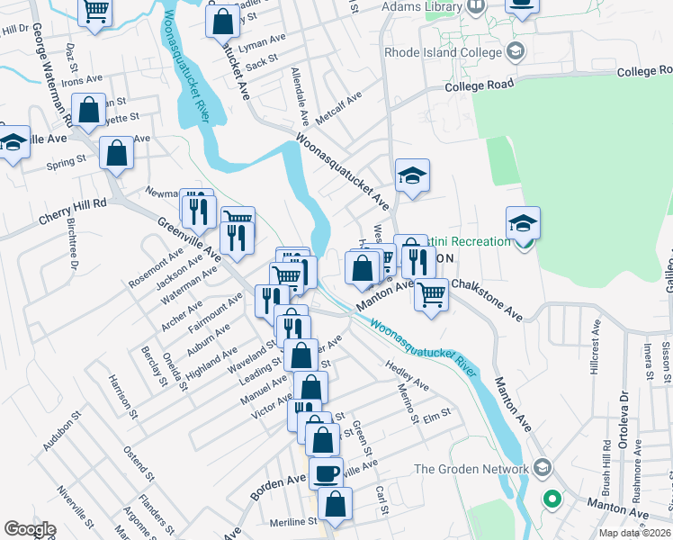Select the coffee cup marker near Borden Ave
(326, 472)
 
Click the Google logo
(30, 529)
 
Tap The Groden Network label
(471, 469)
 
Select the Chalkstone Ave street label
(487, 299)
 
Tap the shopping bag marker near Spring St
(117, 154)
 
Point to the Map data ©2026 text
(635, 533)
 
